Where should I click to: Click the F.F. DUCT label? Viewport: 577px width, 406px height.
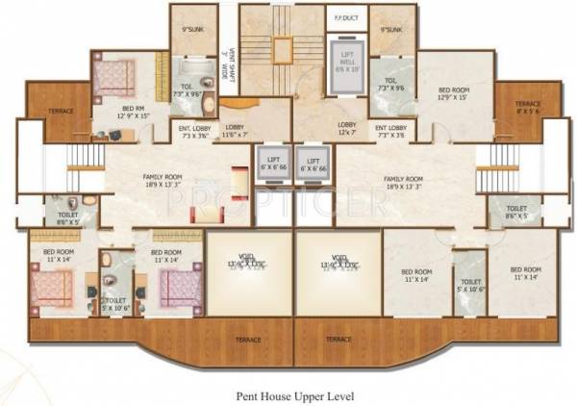340,16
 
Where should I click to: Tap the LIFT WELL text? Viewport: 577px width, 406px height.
346,62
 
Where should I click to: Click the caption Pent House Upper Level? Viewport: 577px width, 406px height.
288,394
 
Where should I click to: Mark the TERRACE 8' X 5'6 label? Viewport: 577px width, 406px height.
526,107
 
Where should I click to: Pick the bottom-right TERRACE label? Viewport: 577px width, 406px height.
337,339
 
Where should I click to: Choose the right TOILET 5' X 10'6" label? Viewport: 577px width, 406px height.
470,285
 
